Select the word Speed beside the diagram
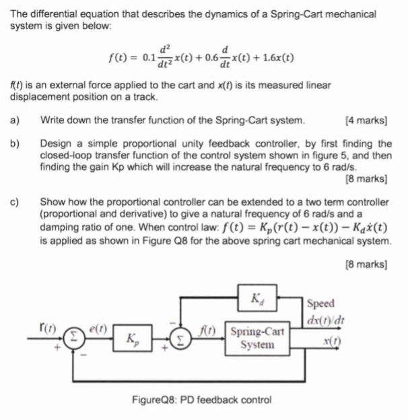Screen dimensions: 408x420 coord(319,303)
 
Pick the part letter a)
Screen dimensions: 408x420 coord(15,121)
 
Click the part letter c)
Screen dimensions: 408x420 coord(15,201)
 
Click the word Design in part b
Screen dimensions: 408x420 coord(57,144)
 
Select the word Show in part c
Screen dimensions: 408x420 coord(53,201)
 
